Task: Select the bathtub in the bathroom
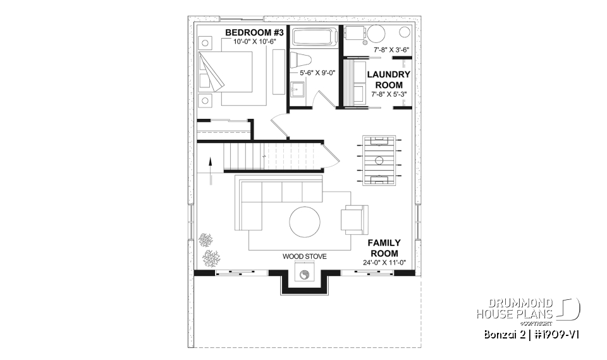pos(315,37)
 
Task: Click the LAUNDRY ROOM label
pos(389,79)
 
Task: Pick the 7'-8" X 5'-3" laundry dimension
pos(389,94)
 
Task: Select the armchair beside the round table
pos(353,219)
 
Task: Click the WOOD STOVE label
pos(304,256)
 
